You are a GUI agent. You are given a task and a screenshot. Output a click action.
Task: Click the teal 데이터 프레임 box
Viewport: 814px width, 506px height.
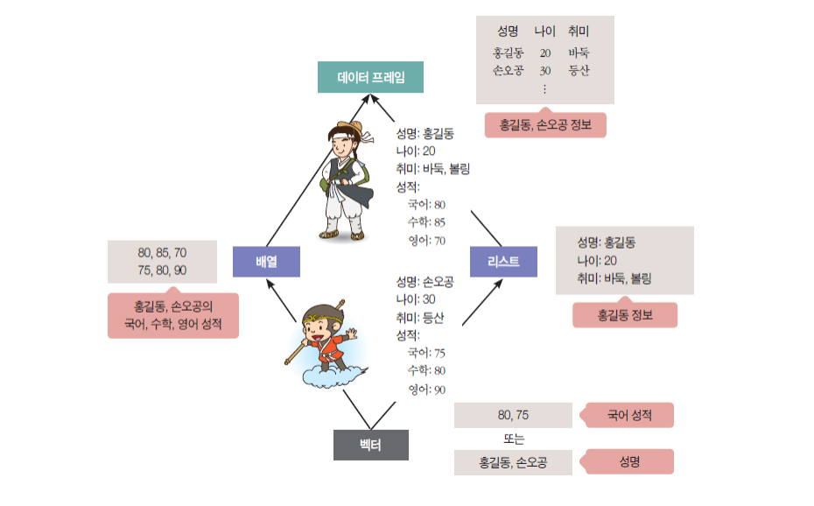coord(370,77)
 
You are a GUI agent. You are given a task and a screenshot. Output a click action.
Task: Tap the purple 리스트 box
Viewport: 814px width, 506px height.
coord(503,262)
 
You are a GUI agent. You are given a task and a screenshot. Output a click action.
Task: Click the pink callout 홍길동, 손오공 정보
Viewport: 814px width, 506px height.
coord(545,125)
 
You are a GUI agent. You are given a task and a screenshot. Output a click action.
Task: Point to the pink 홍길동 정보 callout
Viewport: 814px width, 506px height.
coord(625,315)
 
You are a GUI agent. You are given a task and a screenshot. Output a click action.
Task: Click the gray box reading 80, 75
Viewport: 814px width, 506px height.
coord(513,415)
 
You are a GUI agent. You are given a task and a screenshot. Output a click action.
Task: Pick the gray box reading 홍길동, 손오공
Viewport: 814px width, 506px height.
coord(513,462)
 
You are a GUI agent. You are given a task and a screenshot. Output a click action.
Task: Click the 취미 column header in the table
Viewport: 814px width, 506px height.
coord(579,32)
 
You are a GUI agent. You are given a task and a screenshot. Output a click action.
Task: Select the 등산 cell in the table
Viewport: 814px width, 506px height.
coord(579,70)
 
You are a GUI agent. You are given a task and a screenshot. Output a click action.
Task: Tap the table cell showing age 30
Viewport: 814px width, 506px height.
coord(545,70)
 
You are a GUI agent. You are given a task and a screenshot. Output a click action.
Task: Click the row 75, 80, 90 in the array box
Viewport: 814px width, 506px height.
coord(162,271)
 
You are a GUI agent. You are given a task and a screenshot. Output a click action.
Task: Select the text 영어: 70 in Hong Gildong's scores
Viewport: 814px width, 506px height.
coord(427,241)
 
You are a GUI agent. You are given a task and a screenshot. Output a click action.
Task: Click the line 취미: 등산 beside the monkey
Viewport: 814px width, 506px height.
coord(420,318)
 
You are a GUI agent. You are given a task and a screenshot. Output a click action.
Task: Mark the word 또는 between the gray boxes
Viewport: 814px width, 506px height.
coord(513,439)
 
